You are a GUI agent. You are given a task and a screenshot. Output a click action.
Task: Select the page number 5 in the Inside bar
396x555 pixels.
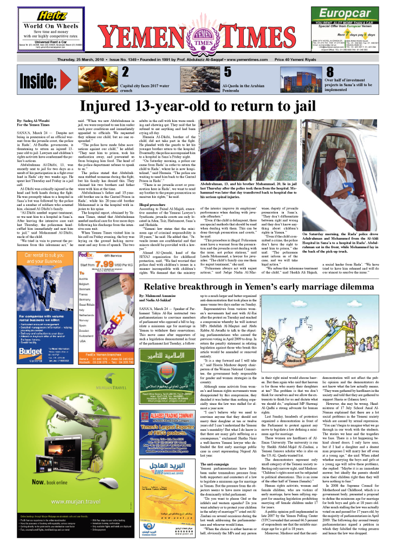tap(228, 73)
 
